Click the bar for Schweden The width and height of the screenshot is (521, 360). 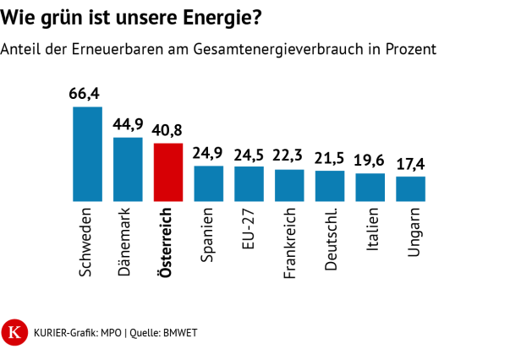coord(87,154)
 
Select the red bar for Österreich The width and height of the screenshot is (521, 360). coord(168,172)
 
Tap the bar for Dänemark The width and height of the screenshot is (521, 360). coord(128,169)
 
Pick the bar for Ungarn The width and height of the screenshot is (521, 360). coord(410,188)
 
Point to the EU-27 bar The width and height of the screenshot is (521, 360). coord(249,183)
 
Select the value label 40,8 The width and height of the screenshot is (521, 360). coord(168,131)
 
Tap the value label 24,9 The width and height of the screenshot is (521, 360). coord(208,153)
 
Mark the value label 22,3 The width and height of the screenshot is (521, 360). coord(289,157)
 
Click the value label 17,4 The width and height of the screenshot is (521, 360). coord(410,164)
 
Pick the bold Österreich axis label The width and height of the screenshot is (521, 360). coord(168,243)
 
